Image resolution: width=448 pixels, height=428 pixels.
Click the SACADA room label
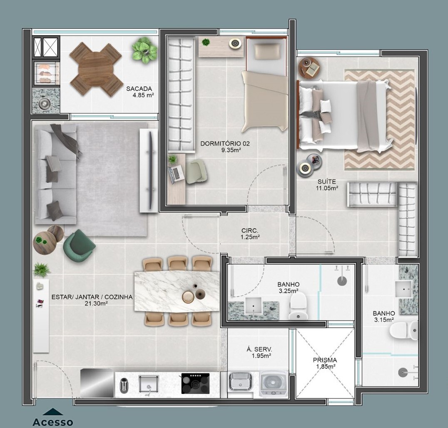point(139,89)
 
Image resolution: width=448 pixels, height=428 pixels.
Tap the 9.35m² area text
point(231,150)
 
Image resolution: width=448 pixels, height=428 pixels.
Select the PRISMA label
point(325,360)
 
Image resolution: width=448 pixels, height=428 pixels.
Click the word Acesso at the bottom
point(53,422)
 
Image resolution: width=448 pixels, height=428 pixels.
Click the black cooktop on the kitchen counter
point(195,383)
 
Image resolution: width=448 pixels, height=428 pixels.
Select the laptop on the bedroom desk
point(176,174)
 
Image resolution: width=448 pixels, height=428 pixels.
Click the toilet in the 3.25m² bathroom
point(298,306)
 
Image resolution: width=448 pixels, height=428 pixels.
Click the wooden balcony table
point(97,70)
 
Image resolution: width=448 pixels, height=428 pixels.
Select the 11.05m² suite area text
point(327,188)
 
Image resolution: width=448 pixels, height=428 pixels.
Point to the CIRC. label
point(250,230)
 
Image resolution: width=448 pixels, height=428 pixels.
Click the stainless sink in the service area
point(240,381)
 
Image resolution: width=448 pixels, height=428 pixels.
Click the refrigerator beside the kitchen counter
point(97,383)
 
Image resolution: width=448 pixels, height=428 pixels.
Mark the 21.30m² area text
point(96,304)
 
